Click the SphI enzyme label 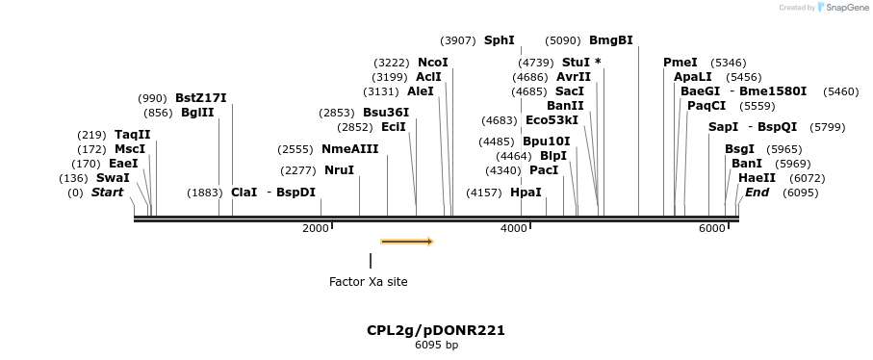pyautogui.click(x=499, y=40)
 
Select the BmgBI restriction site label pyautogui.click(x=610, y=40)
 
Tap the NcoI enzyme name pyautogui.click(x=432, y=63)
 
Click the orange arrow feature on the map pyautogui.click(x=407, y=242)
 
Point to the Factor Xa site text pyautogui.click(x=368, y=282)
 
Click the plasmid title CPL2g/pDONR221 pyautogui.click(x=435, y=330)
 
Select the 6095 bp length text pyautogui.click(x=436, y=345)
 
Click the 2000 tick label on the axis pyautogui.click(x=315, y=228)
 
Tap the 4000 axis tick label pyautogui.click(x=513, y=228)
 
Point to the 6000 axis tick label pyautogui.click(x=711, y=228)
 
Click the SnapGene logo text pyautogui.click(x=843, y=8)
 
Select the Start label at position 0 pyautogui.click(x=107, y=193)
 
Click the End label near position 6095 pyautogui.click(x=757, y=193)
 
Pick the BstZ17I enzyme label pyautogui.click(x=200, y=98)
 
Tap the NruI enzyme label pyautogui.click(x=339, y=170)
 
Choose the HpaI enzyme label pyautogui.click(x=526, y=193)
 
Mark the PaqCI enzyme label pyautogui.click(x=706, y=106)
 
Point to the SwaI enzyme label pyautogui.click(x=113, y=178)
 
